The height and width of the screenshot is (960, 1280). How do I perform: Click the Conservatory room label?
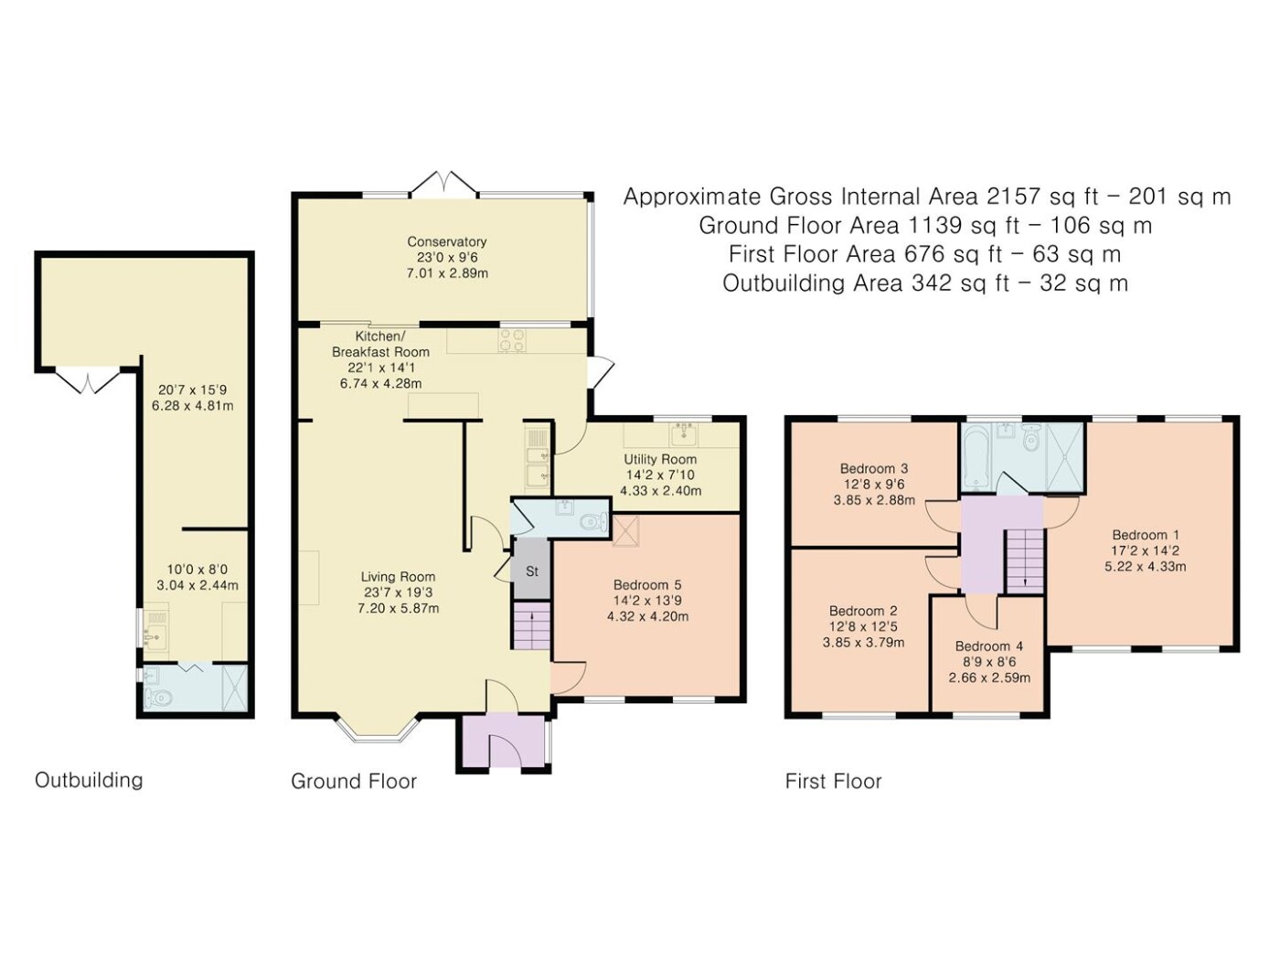[x=447, y=241]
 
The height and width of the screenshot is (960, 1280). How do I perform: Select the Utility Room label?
[x=660, y=459]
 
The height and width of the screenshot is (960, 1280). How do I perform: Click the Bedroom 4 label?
[x=989, y=645]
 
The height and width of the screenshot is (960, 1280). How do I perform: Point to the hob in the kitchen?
[x=511, y=340]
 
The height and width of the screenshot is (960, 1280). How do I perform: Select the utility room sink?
[x=683, y=433]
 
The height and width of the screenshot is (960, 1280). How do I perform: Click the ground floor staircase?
[x=531, y=625]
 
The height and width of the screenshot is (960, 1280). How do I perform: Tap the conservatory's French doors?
[x=444, y=182]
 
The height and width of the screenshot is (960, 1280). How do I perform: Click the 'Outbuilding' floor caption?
[x=89, y=780]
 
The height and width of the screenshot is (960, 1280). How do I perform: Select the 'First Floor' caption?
[x=833, y=781]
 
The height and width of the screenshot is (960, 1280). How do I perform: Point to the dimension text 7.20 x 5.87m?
[x=399, y=609]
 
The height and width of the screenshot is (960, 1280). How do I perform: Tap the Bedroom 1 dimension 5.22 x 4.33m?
[x=1146, y=566]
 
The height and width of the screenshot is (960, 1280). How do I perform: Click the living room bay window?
[x=379, y=728]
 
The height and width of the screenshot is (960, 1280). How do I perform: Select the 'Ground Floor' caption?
[x=354, y=781]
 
